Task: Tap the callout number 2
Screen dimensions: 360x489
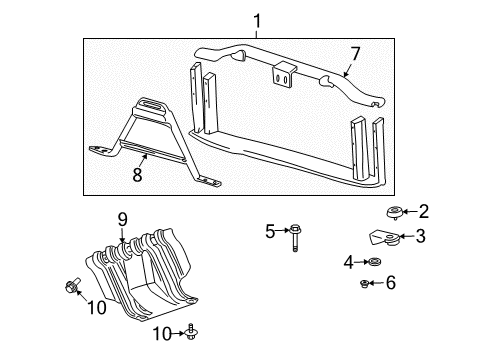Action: click(x=423, y=211)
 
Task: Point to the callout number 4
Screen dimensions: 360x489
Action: click(x=349, y=262)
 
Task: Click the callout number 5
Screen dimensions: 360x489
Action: click(x=269, y=232)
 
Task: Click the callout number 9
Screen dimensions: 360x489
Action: click(x=122, y=220)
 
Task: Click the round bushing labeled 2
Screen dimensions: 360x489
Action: click(x=393, y=212)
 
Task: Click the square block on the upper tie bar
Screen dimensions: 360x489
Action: click(x=283, y=72)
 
